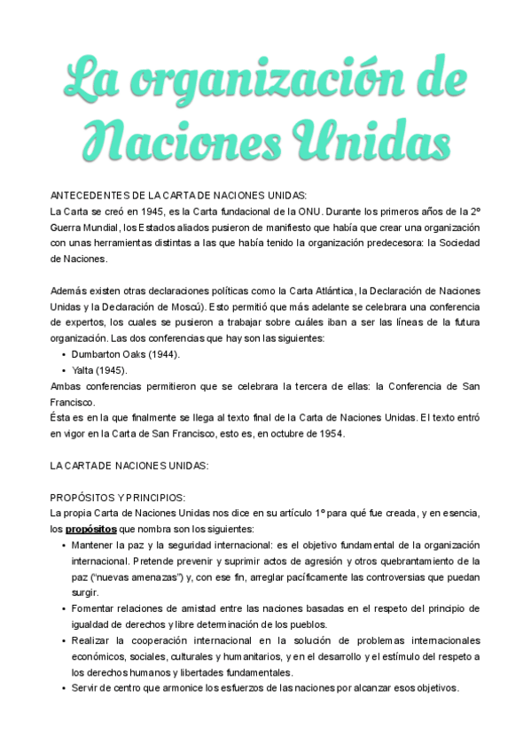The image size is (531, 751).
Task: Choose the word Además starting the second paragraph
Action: tap(70, 291)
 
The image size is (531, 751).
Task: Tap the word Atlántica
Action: tap(329, 291)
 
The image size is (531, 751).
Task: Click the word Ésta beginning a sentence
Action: tap(64, 418)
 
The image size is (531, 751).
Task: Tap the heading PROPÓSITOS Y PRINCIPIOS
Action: tap(118, 497)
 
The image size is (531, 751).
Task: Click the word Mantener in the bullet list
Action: tap(95, 545)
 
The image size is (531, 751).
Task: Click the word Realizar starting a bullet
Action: tap(93, 640)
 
